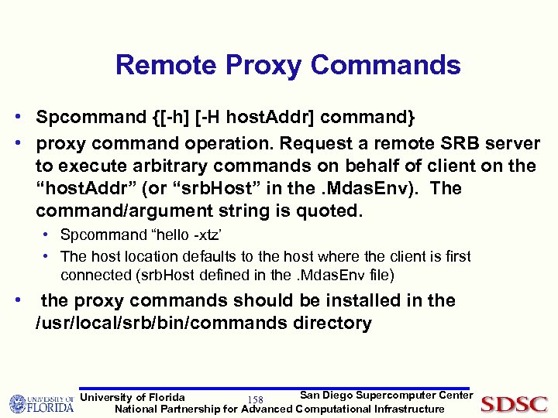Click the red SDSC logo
(515, 403)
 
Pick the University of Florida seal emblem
(19, 404)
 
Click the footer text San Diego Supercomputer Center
(386, 396)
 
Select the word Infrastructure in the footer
(409, 409)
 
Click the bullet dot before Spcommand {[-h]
(16, 118)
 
